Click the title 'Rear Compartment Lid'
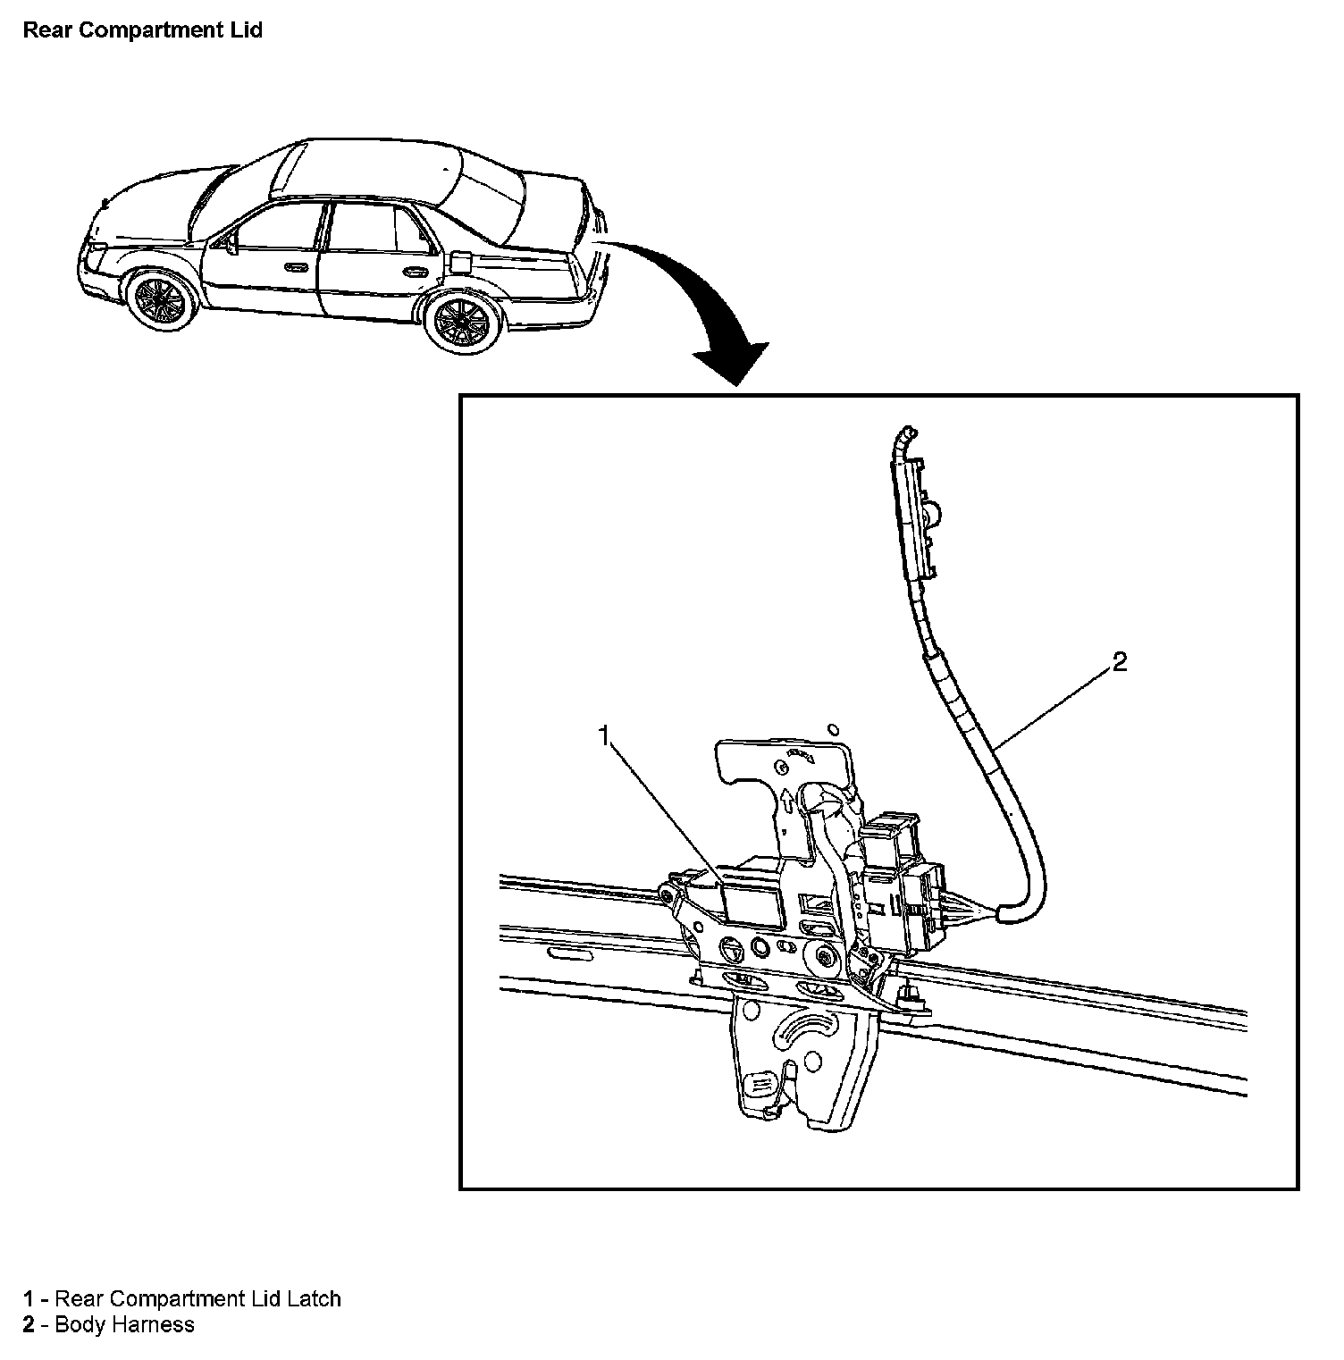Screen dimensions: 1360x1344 coord(143,29)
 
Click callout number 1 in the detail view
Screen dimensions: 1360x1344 coord(605,735)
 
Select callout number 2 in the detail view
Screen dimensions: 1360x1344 coord(1119,662)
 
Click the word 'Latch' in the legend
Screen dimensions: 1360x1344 coord(314,1298)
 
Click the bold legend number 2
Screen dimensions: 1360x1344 coord(29,1324)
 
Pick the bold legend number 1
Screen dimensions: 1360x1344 coord(29,1298)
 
